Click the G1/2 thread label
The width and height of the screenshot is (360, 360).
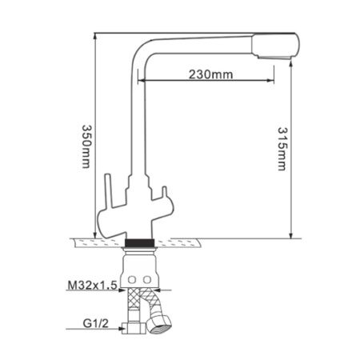click(94, 326)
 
